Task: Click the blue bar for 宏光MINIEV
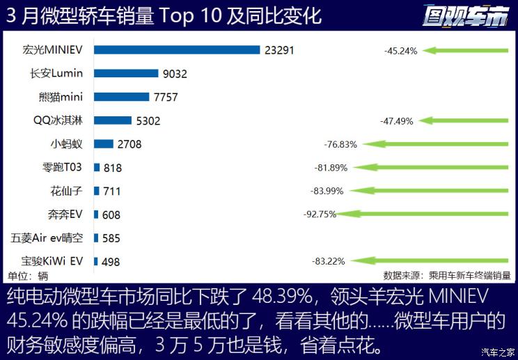click(177, 49)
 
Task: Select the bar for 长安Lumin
click(126, 73)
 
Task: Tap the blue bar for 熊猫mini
click(122, 97)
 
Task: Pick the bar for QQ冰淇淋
click(113, 120)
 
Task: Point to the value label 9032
click(173, 74)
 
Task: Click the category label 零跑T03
click(62, 167)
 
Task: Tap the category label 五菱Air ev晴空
click(47, 237)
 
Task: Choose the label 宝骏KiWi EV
click(52, 261)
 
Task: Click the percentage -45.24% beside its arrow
click(400, 51)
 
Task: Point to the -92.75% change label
click(320, 214)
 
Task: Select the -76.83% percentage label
click(340, 144)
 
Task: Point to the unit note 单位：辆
click(28, 275)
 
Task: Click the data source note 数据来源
click(446, 275)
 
